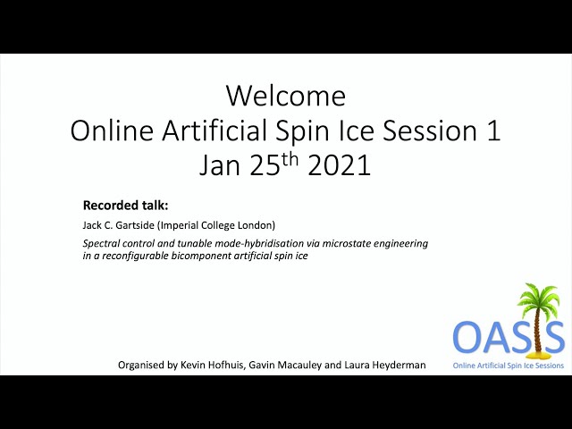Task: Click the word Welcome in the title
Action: point(286,96)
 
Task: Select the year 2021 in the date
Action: point(340,164)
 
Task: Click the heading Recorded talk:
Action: point(125,206)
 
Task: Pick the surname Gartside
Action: point(135,225)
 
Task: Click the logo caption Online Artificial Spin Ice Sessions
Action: point(509,366)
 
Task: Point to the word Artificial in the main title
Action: point(214,130)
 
